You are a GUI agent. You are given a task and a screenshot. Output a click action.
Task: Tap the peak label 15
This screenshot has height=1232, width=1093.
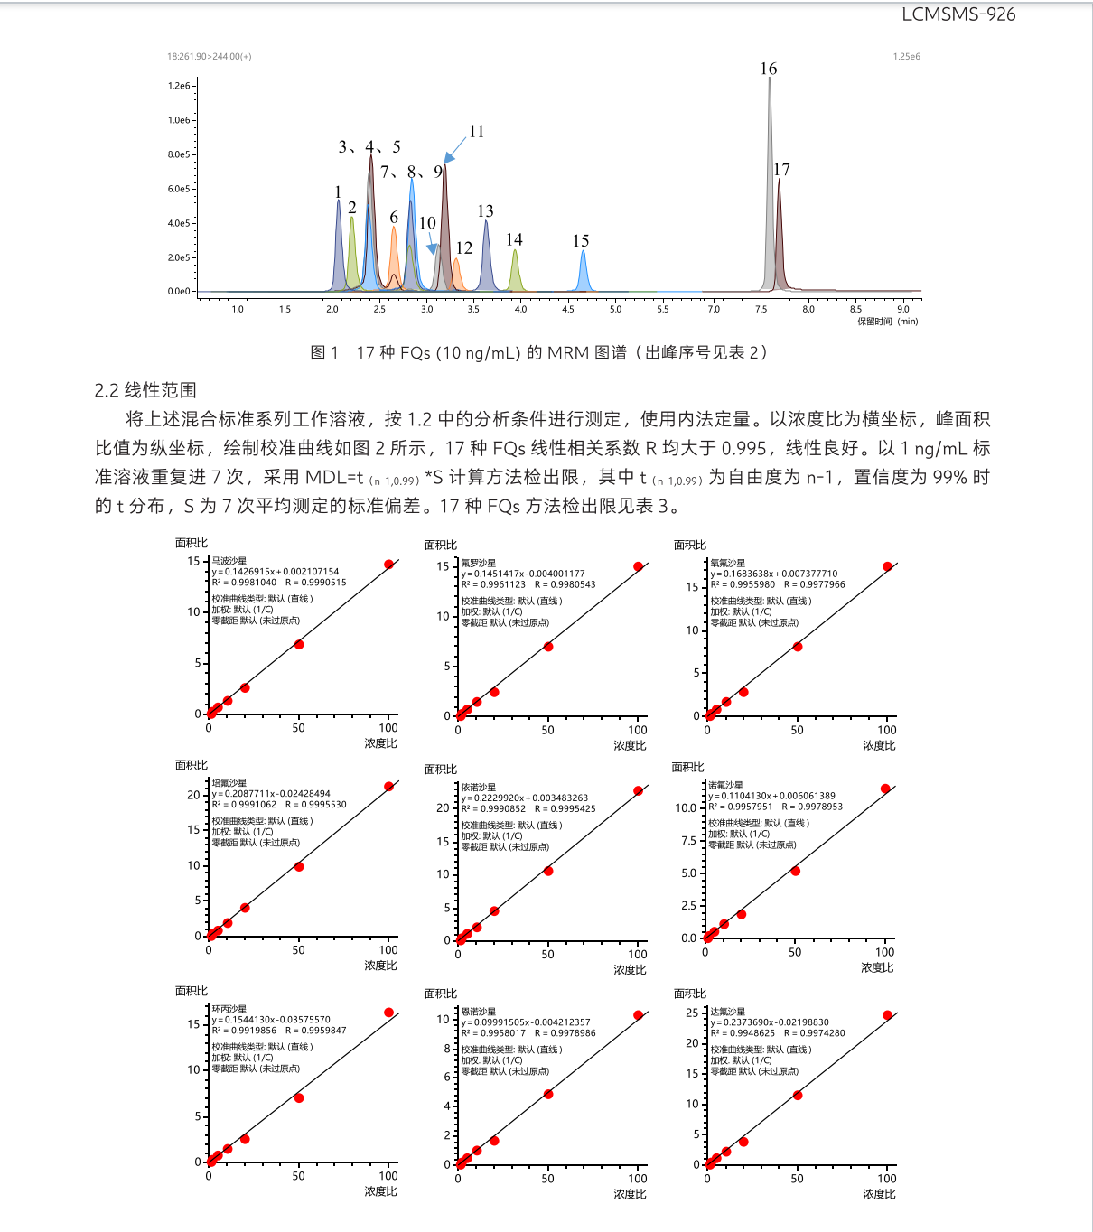pyautogui.click(x=581, y=241)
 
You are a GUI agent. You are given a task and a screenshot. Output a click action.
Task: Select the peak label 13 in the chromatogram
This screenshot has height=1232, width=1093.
pyautogui.click(x=485, y=211)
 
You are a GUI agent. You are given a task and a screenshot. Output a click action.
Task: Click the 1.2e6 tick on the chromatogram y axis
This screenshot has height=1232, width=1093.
pyautogui.click(x=179, y=86)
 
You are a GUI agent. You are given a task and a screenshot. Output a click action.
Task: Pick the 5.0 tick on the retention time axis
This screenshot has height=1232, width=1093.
pyautogui.click(x=615, y=309)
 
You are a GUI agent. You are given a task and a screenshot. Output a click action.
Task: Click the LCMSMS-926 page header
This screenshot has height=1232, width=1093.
pyautogui.click(x=958, y=14)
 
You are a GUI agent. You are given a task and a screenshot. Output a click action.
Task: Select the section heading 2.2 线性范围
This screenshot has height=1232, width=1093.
pyautogui.click(x=145, y=390)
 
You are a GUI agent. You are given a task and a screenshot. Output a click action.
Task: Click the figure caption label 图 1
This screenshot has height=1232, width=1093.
pyautogui.click(x=324, y=352)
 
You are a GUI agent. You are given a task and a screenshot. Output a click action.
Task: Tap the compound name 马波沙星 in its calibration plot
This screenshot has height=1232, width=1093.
pyautogui.click(x=229, y=561)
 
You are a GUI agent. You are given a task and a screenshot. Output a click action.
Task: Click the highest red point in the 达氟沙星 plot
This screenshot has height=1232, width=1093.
pyautogui.click(x=887, y=1015)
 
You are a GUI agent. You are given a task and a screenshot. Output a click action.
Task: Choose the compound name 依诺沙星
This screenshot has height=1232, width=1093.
pyautogui.click(x=479, y=788)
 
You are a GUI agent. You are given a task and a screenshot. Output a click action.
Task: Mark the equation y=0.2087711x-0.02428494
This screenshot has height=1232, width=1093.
pyautogui.click(x=272, y=794)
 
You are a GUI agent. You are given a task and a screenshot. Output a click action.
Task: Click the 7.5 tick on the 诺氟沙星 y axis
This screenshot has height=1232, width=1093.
pyautogui.click(x=688, y=841)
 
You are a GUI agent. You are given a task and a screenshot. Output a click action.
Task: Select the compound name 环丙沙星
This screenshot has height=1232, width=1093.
pyautogui.click(x=229, y=1009)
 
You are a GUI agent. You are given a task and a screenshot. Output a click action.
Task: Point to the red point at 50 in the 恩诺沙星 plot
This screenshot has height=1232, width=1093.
pyautogui.click(x=548, y=1094)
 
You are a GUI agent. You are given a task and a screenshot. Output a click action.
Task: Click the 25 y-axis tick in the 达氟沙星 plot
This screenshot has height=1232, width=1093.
pyautogui.click(x=692, y=1013)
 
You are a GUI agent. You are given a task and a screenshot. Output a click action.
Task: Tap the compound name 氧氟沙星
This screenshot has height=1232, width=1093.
pyautogui.click(x=728, y=563)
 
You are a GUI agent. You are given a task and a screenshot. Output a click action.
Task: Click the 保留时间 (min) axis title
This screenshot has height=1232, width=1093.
pyautogui.click(x=887, y=322)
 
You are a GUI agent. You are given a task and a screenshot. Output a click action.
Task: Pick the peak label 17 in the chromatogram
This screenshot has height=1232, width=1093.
pyautogui.click(x=781, y=170)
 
